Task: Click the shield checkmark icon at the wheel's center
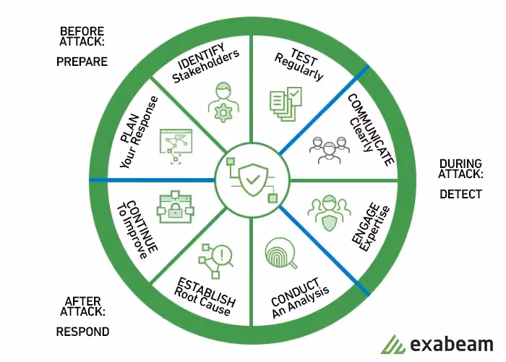251,178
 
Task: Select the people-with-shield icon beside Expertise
327,213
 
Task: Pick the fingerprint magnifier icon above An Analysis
278,253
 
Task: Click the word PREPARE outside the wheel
82,62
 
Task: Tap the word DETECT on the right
460,194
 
